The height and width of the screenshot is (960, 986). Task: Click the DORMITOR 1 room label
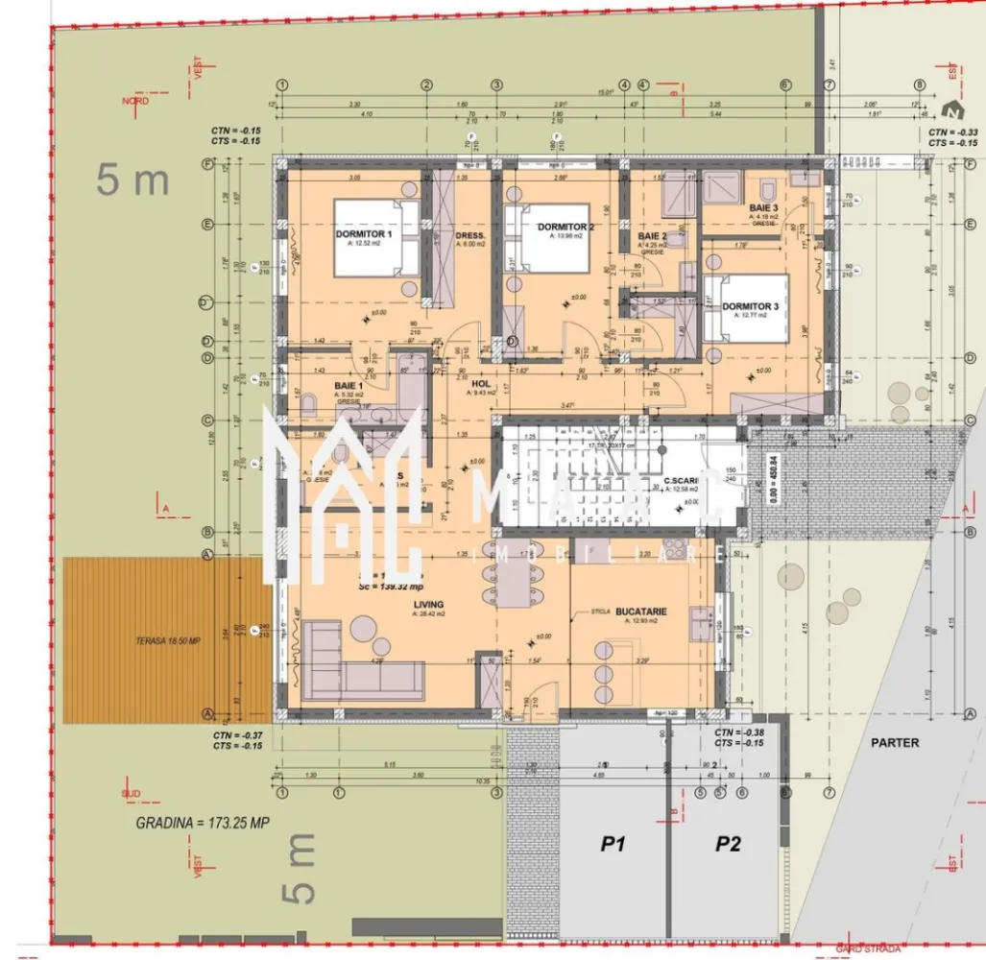coord(364,234)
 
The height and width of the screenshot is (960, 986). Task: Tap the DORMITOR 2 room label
coord(565,227)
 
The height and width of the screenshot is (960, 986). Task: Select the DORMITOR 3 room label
coord(750,306)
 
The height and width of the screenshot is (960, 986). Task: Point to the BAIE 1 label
coord(348,386)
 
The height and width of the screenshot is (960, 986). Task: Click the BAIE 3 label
coord(763,208)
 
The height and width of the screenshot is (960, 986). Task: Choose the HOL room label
coord(481,383)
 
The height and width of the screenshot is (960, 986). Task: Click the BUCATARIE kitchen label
coord(641,611)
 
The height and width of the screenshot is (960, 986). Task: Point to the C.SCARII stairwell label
coord(686,480)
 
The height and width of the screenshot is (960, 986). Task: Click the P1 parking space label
coord(613,845)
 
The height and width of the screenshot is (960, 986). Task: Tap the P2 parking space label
coord(729,845)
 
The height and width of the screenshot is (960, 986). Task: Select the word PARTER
coord(895,743)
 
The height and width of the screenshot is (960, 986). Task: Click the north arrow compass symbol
coord(951,109)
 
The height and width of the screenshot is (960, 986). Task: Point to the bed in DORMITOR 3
coord(746,308)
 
